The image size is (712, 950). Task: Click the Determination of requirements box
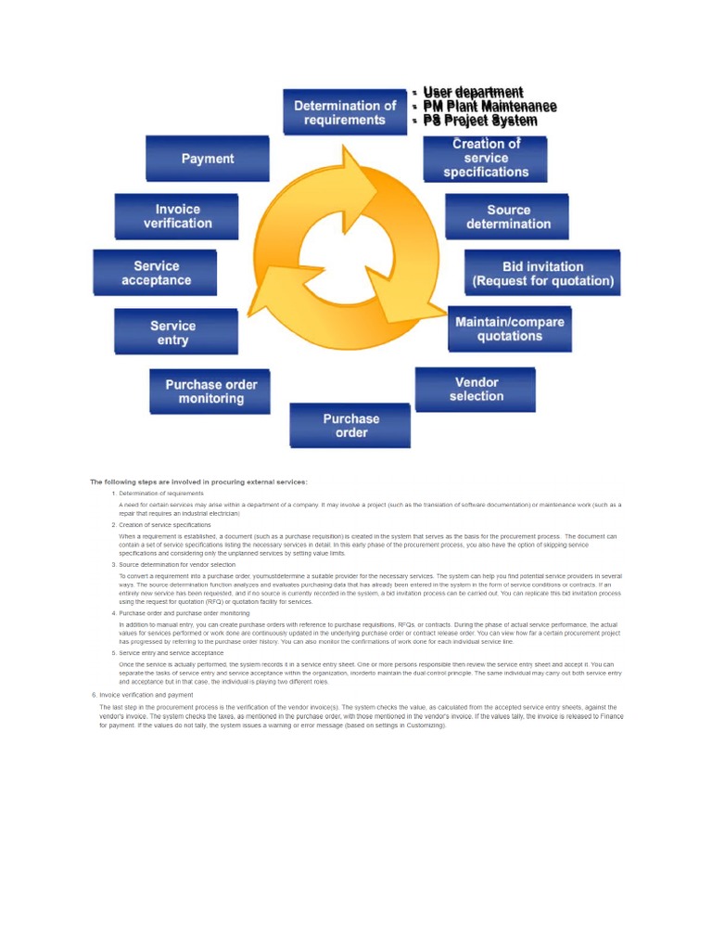pos(345,112)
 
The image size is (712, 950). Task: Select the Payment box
pos(208,159)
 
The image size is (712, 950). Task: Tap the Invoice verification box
pos(177,216)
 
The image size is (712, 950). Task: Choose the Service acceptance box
pos(156,273)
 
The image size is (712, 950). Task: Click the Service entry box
pos(173,332)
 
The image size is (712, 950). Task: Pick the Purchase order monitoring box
pos(210,392)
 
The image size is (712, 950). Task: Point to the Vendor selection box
pos(476,389)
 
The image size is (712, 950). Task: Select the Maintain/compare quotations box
pos(509,328)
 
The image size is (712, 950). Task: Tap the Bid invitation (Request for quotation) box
pos(542,273)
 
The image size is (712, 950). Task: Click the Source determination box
pos(508,216)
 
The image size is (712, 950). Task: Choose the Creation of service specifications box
pos(486,159)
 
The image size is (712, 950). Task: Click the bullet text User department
pos(473,92)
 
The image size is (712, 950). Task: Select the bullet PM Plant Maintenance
pos(489,107)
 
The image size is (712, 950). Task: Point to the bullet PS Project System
pos(479,121)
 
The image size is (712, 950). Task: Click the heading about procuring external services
pos(197,481)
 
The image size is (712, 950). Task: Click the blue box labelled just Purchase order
pos(350,426)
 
